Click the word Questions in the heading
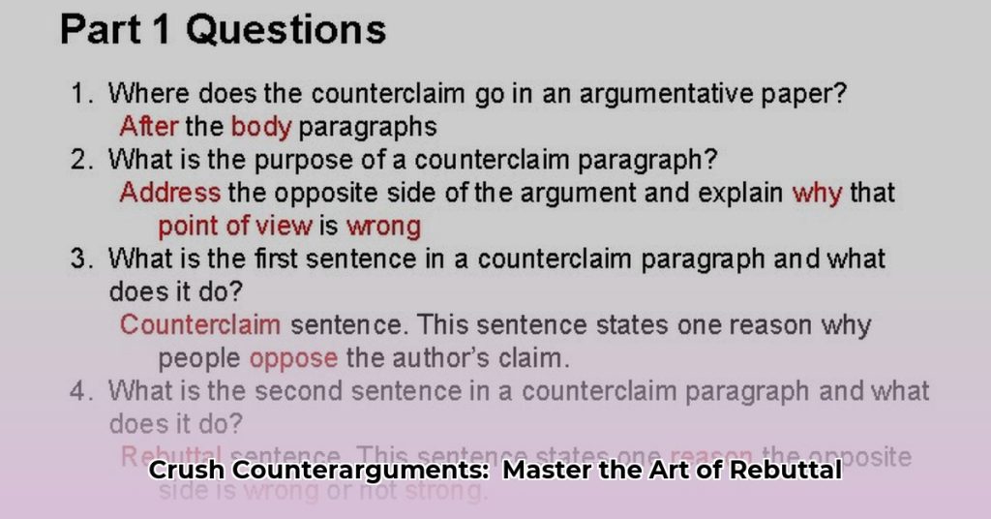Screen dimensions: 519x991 (286, 30)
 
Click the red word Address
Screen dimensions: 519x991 (170, 192)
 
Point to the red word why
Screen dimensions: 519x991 (817, 192)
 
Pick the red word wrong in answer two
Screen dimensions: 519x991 (383, 227)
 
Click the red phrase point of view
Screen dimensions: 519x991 (235, 227)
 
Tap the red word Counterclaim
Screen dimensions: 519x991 (200, 324)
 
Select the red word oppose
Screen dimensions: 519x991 (293, 358)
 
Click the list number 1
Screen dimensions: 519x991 (80, 94)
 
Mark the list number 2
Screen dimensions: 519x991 (80, 159)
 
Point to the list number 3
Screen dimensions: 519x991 (80, 259)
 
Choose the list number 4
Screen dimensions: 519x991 (80, 391)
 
